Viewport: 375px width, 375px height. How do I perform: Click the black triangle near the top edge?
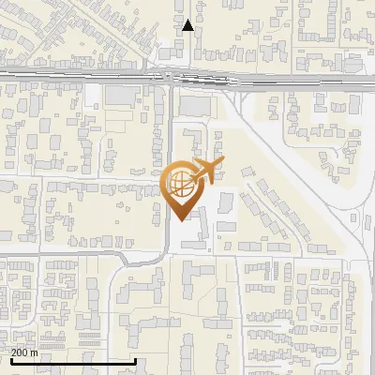[x=187, y=25]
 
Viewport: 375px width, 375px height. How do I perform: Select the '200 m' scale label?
[x=24, y=352]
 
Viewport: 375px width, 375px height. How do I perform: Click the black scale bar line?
[x=73, y=361]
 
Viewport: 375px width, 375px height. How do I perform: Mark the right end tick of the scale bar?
[x=136, y=360]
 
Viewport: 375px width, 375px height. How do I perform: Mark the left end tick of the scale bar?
[x=10, y=360]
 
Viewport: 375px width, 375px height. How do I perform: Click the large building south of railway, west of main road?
[x=120, y=96]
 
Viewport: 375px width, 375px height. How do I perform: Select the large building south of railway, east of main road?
[x=196, y=106]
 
